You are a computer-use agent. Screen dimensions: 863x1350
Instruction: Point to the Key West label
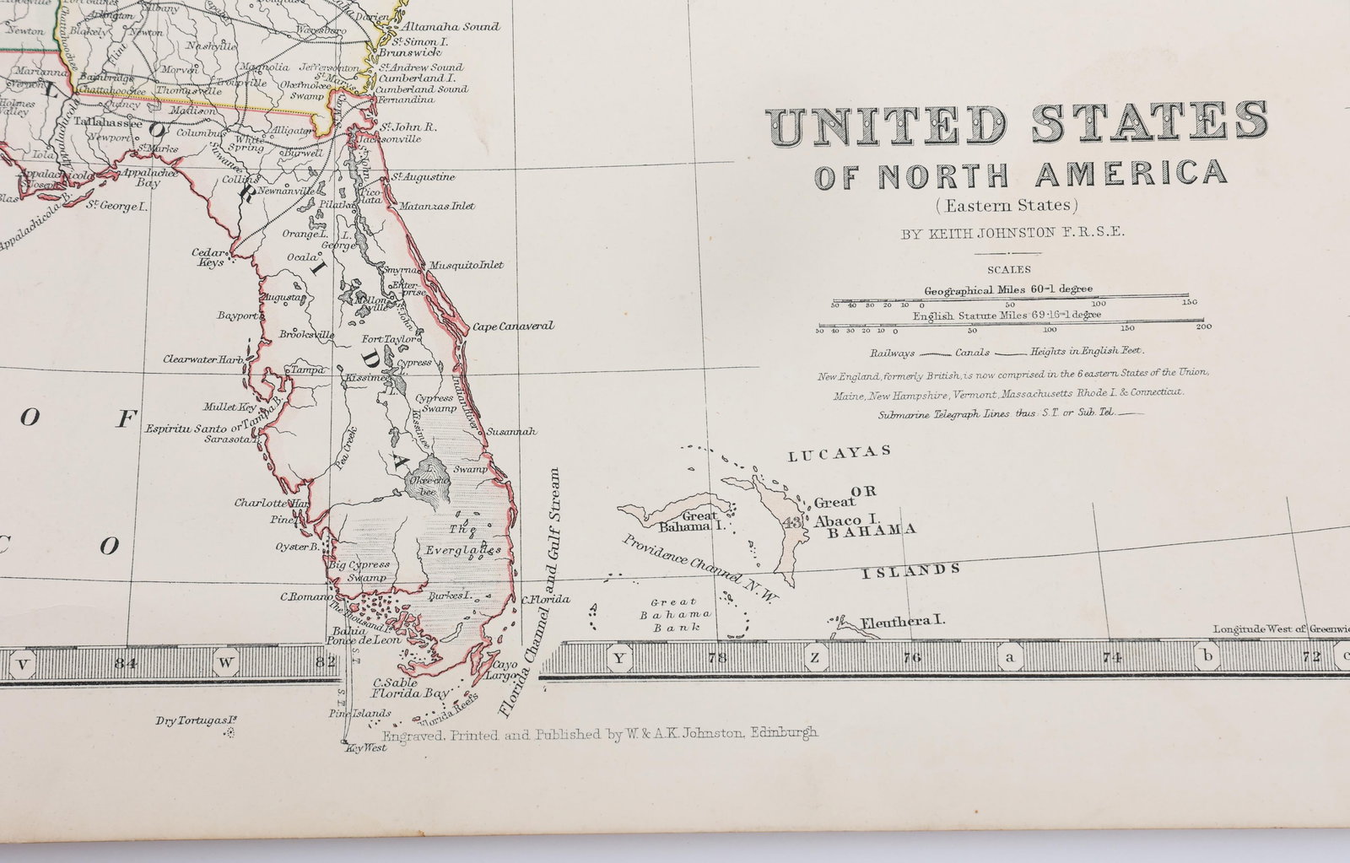point(366,747)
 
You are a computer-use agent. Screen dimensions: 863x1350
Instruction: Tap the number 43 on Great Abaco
point(793,522)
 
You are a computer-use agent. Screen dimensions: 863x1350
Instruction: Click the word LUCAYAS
point(840,453)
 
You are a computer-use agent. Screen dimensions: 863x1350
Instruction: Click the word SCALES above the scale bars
point(1010,270)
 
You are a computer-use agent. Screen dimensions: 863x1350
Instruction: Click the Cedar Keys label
point(208,256)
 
